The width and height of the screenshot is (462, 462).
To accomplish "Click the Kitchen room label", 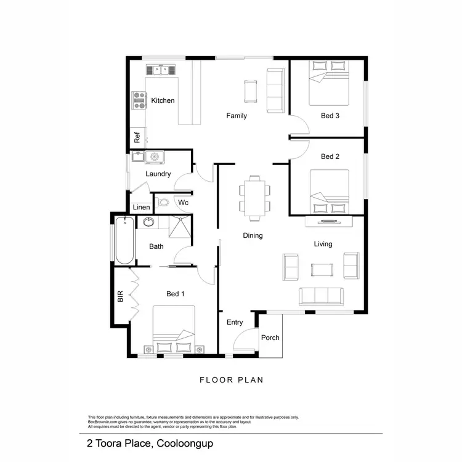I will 163,100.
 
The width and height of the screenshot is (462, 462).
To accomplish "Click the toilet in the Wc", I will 164,202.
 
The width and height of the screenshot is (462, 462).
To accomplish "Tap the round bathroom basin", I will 148,222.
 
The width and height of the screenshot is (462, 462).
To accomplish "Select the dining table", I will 254,198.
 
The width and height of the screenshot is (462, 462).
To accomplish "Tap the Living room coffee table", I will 320,269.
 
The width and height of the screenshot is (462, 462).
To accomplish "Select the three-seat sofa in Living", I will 320,296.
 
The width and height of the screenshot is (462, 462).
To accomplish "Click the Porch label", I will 270,337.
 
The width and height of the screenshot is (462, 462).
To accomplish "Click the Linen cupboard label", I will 141,207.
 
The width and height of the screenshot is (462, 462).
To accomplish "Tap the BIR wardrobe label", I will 120,296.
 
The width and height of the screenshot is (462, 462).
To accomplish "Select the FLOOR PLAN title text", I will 231,380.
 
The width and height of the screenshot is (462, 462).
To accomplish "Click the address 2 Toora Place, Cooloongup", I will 151,443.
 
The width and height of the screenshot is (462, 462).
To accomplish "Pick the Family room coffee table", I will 249,91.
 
